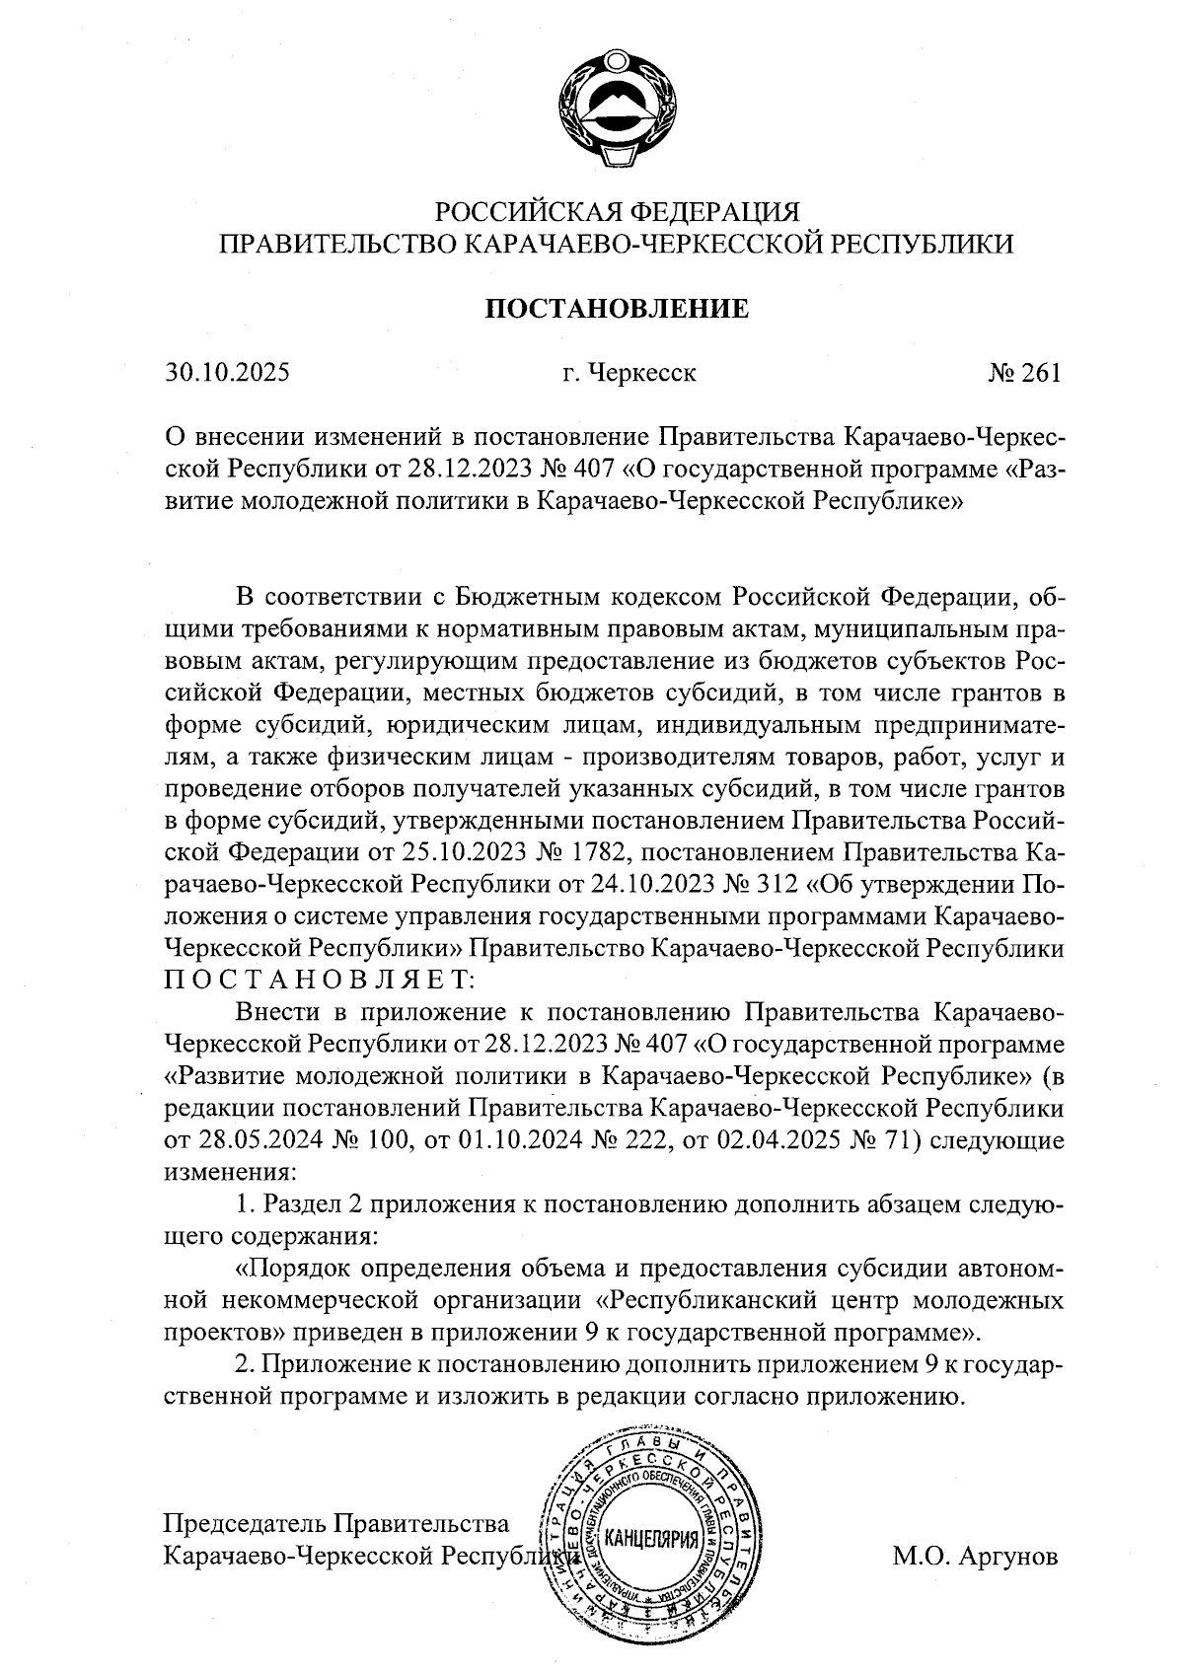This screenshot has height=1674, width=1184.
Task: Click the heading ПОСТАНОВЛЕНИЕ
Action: (616, 309)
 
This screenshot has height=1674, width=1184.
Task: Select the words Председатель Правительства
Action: (335, 1523)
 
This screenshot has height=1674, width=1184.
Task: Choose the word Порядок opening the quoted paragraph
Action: (300, 1269)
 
